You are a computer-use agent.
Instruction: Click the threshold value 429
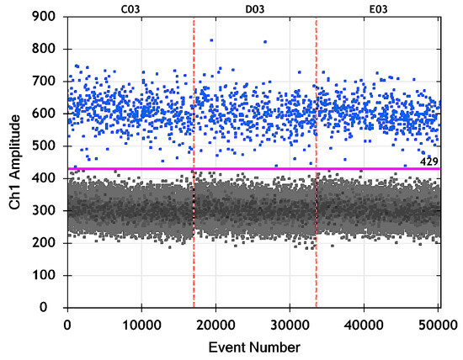[x=429, y=160]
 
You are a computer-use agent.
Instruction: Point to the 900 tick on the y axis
[x=49, y=17]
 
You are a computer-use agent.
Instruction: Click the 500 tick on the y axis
[x=49, y=146]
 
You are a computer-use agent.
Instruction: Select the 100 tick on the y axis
[x=49, y=276]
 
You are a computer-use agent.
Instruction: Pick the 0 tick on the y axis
[x=56, y=308]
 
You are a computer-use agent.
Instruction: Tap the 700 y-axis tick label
[x=49, y=82]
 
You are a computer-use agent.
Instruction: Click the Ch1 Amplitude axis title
[x=14, y=162]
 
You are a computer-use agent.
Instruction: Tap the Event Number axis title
[x=254, y=346]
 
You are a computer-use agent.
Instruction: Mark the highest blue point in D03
[x=211, y=40]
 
